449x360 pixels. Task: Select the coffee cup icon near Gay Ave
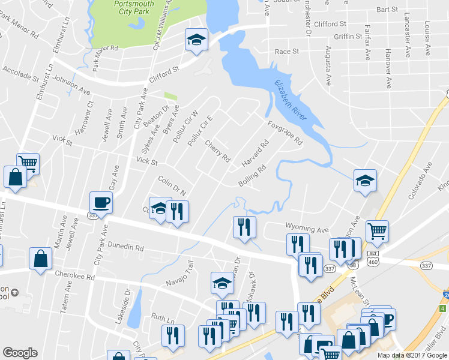click(100, 203)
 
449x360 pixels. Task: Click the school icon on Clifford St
click(196, 40)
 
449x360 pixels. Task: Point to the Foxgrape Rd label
click(285, 133)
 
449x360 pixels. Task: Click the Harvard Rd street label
click(255, 154)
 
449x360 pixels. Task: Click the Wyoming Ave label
click(307, 230)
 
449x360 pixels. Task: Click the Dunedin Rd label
click(127, 247)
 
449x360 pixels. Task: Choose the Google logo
click(20, 353)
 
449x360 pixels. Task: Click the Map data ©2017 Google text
click(412, 355)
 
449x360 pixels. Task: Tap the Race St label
click(286, 52)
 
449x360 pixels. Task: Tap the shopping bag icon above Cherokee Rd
click(40, 259)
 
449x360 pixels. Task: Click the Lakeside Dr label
click(127, 304)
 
